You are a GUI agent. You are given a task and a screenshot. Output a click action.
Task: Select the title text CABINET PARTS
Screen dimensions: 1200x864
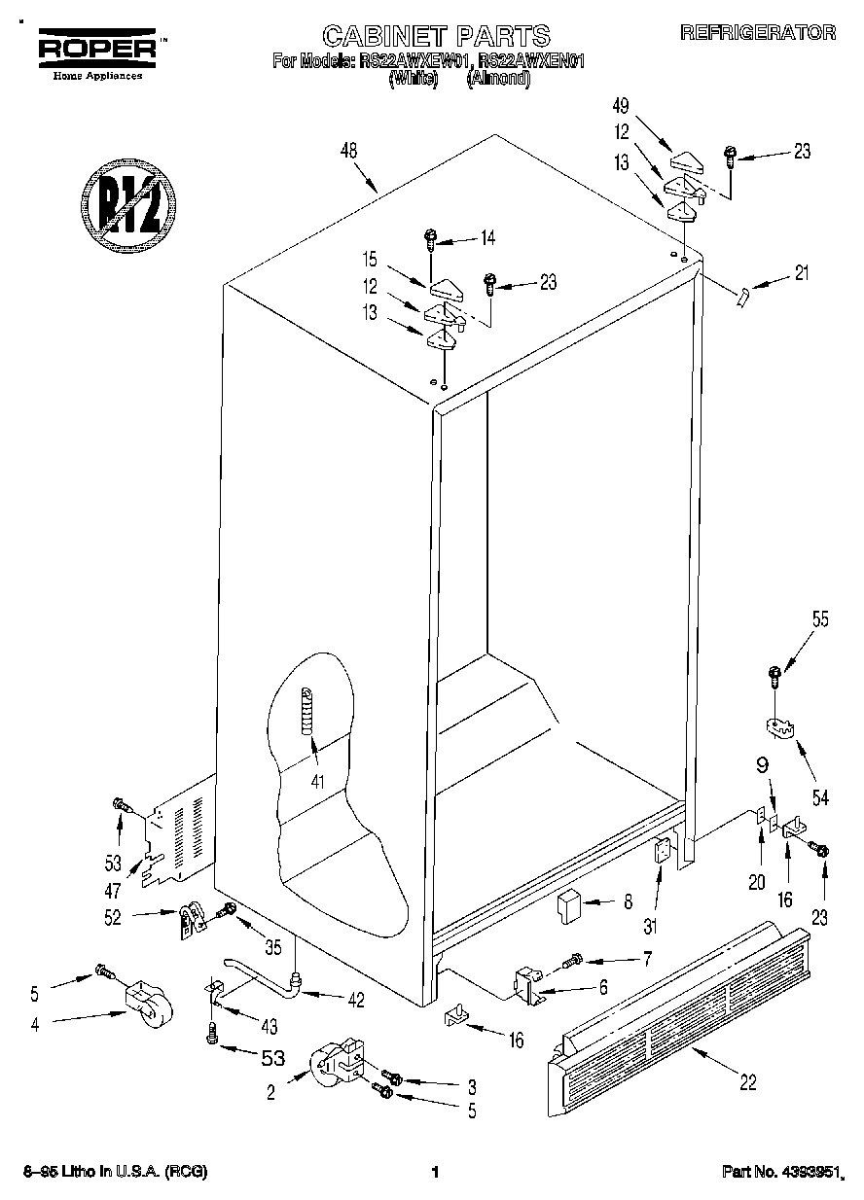tap(436, 36)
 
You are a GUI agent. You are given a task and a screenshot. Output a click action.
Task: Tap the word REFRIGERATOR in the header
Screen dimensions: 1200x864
tap(758, 32)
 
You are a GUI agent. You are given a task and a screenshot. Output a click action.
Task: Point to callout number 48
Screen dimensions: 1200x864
tap(348, 151)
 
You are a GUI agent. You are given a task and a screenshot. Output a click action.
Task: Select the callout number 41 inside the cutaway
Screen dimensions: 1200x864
tap(315, 779)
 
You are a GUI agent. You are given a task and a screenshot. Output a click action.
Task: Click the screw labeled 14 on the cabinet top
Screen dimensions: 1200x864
tap(430, 238)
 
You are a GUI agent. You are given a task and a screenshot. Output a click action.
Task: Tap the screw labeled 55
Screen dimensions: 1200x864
tap(774, 673)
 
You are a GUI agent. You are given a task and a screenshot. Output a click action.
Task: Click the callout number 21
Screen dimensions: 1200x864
tap(801, 274)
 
